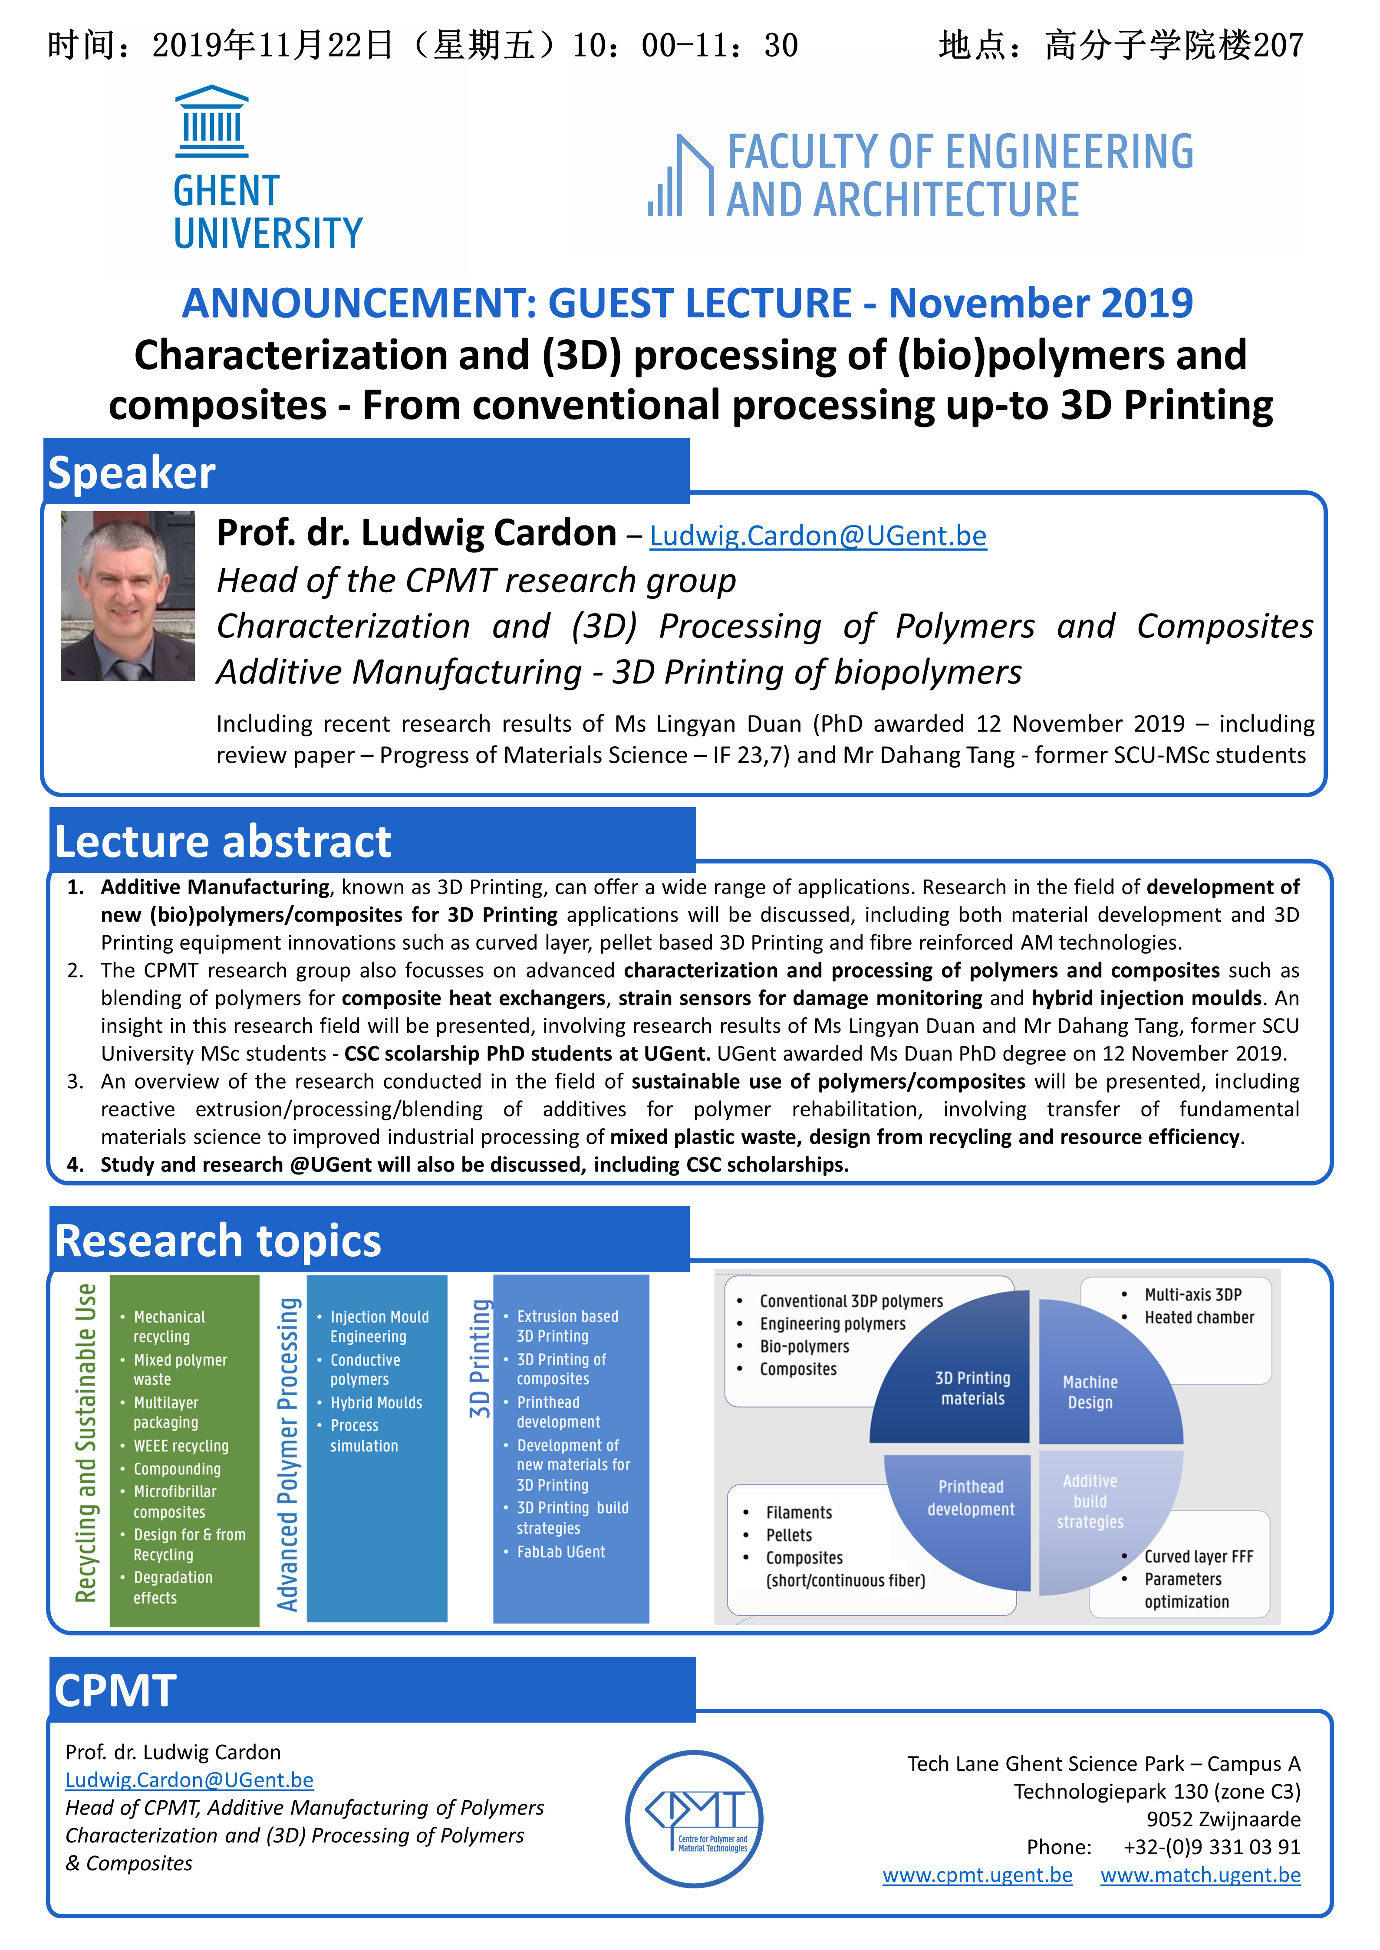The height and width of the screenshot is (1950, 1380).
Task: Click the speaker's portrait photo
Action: (x=128, y=595)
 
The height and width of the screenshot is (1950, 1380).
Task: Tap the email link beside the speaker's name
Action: (x=817, y=536)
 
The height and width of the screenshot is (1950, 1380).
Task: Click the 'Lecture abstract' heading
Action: (x=223, y=842)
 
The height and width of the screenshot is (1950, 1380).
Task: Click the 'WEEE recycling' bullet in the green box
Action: (x=181, y=1445)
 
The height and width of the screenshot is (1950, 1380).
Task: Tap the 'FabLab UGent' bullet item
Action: (x=561, y=1552)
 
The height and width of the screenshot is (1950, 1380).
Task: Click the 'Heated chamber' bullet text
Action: (x=1199, y=1317)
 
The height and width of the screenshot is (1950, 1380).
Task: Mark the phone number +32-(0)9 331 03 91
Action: (x=1211, y=1847)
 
